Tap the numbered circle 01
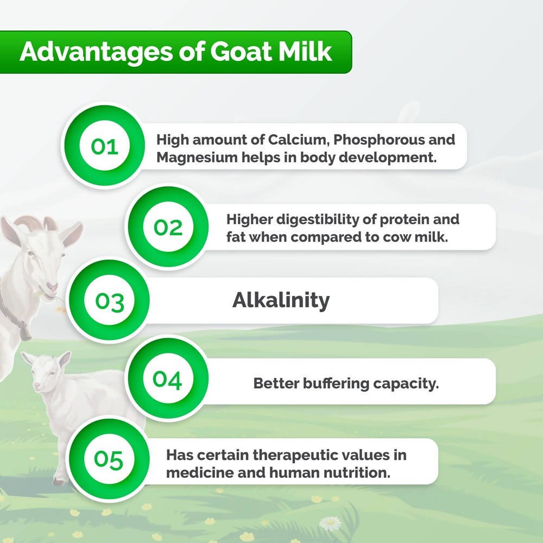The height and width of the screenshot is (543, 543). pos(105,147)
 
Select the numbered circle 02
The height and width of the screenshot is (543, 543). pos(168,227)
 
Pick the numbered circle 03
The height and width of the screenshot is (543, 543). pos(110,301)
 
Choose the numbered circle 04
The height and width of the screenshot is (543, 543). pos(167,380)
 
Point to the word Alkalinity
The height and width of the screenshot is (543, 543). pos(281,300)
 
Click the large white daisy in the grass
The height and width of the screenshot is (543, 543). pos(330,522)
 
